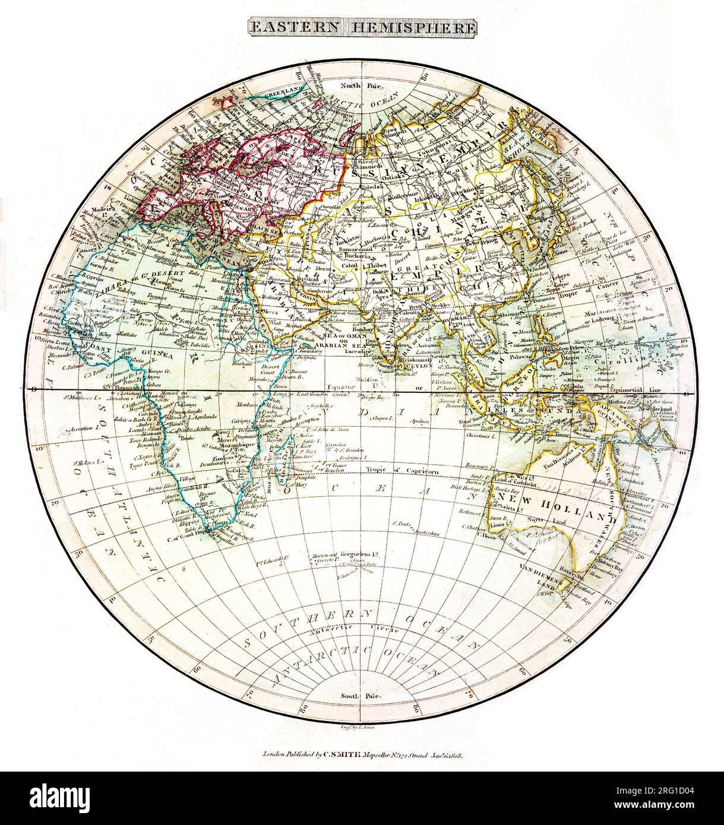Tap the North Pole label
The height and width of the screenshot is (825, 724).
click(x=362, y=85)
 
